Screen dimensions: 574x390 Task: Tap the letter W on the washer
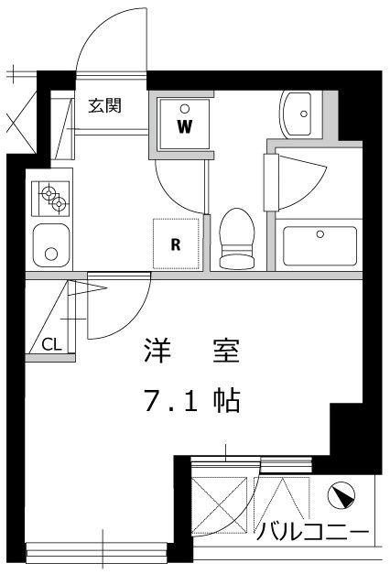tap(184, 126)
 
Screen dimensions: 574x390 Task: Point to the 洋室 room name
tap(190, 350)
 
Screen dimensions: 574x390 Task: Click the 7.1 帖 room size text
tap(190, 400)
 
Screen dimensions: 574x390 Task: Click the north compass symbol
tap(340, 498)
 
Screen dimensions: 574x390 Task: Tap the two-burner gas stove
tap(52, 197)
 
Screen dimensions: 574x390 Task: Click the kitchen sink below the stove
tap(52, 244)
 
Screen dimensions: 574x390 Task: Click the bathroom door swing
tap(298, 179)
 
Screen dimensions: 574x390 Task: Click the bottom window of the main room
tap(96, 551)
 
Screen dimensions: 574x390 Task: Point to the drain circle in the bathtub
tap(320, 234)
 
